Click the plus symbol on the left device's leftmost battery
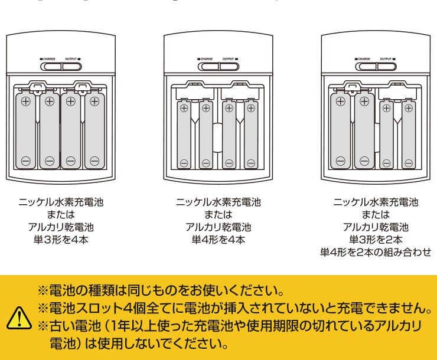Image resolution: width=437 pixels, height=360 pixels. coord(26,101)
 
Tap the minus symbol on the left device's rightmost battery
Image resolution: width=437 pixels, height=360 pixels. coord(94,161)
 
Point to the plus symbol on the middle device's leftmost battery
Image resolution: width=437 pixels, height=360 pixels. coord(184,108)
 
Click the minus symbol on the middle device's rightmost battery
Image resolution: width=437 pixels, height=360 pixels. coord(251,162)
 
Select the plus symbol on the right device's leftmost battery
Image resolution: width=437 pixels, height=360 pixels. coord(341,101)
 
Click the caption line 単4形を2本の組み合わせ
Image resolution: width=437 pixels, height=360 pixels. coord(376,252)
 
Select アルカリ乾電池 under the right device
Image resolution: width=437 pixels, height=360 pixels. coord(376,227)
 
